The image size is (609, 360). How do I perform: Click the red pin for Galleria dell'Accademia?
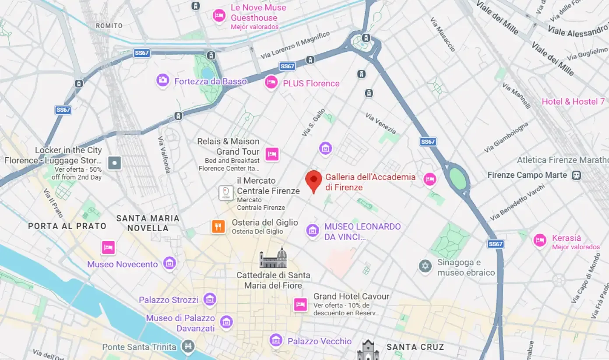click(313, 180)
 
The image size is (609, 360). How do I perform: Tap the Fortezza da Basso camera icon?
click(163, 80)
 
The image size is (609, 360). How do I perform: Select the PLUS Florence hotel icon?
click(271, 82)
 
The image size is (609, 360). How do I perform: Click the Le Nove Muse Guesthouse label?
click(258, 13)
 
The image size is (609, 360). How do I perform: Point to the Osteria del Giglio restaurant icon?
click(218, 226)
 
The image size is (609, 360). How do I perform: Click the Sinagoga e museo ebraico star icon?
click(425, 266)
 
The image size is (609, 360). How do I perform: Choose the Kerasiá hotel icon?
click(540, 240)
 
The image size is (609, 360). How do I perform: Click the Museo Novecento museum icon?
click(169, 263)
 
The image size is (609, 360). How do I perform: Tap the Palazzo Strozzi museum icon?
click(210, 300)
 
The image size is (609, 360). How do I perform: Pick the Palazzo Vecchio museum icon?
click(276, 340)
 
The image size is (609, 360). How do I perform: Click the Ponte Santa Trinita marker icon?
click(188, 346)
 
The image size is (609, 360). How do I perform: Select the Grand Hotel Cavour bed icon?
click(300, 304)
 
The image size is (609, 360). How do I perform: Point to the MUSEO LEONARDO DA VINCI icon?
click(312, 230)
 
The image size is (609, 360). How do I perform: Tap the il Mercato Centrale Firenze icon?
click(226, 193)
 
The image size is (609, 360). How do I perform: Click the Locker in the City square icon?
click(115, 163)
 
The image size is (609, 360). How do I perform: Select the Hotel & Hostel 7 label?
click(573, 102)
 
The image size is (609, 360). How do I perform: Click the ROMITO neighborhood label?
click(109, 26)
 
